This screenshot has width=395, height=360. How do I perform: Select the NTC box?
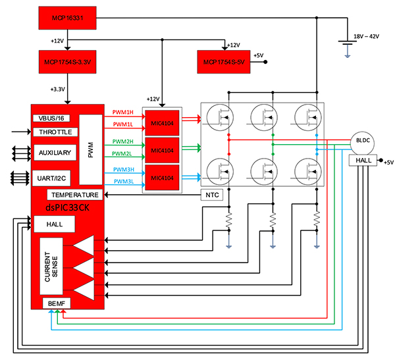[x=211, y=195]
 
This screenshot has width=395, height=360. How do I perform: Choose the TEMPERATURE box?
[x=75, y=195]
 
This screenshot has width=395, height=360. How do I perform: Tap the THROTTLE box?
[x=55, y=132]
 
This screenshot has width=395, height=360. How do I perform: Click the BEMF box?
[x=55, y=302]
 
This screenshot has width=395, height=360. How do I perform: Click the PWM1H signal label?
[x=123, y=112]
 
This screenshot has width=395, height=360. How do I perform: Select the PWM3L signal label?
[x=123, y=182]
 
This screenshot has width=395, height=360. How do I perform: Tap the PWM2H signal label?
[x=123, y=141]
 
